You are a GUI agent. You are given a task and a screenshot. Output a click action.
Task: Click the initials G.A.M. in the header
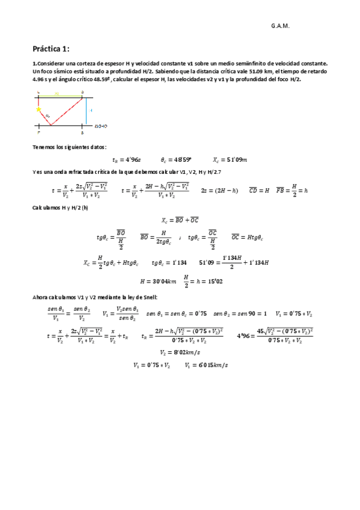(x=280, y=26)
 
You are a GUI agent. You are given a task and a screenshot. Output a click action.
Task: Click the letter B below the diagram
(x=82, y=133)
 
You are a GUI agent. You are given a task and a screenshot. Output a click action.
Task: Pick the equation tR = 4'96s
(x=126, y=160)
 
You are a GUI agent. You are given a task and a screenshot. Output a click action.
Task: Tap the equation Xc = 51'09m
(x=230, y=160)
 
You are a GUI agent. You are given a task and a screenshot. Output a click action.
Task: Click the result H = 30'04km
(x=157, y=281)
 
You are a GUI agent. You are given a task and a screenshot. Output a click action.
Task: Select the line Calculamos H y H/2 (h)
(x=59, y=207)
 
